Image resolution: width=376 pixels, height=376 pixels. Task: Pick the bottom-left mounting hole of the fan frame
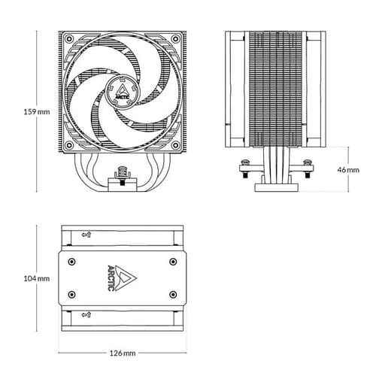click(x=69, y=145)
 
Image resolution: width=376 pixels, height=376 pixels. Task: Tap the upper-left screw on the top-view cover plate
click(x=71, y=261)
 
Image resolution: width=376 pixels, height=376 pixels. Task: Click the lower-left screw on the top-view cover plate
click(x=71, y=293)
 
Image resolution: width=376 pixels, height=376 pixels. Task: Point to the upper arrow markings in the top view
click(x=86, y=235)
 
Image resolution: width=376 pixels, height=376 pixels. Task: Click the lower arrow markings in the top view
click(x=86, y=314)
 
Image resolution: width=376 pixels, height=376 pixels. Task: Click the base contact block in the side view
click(x=277, y=185)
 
